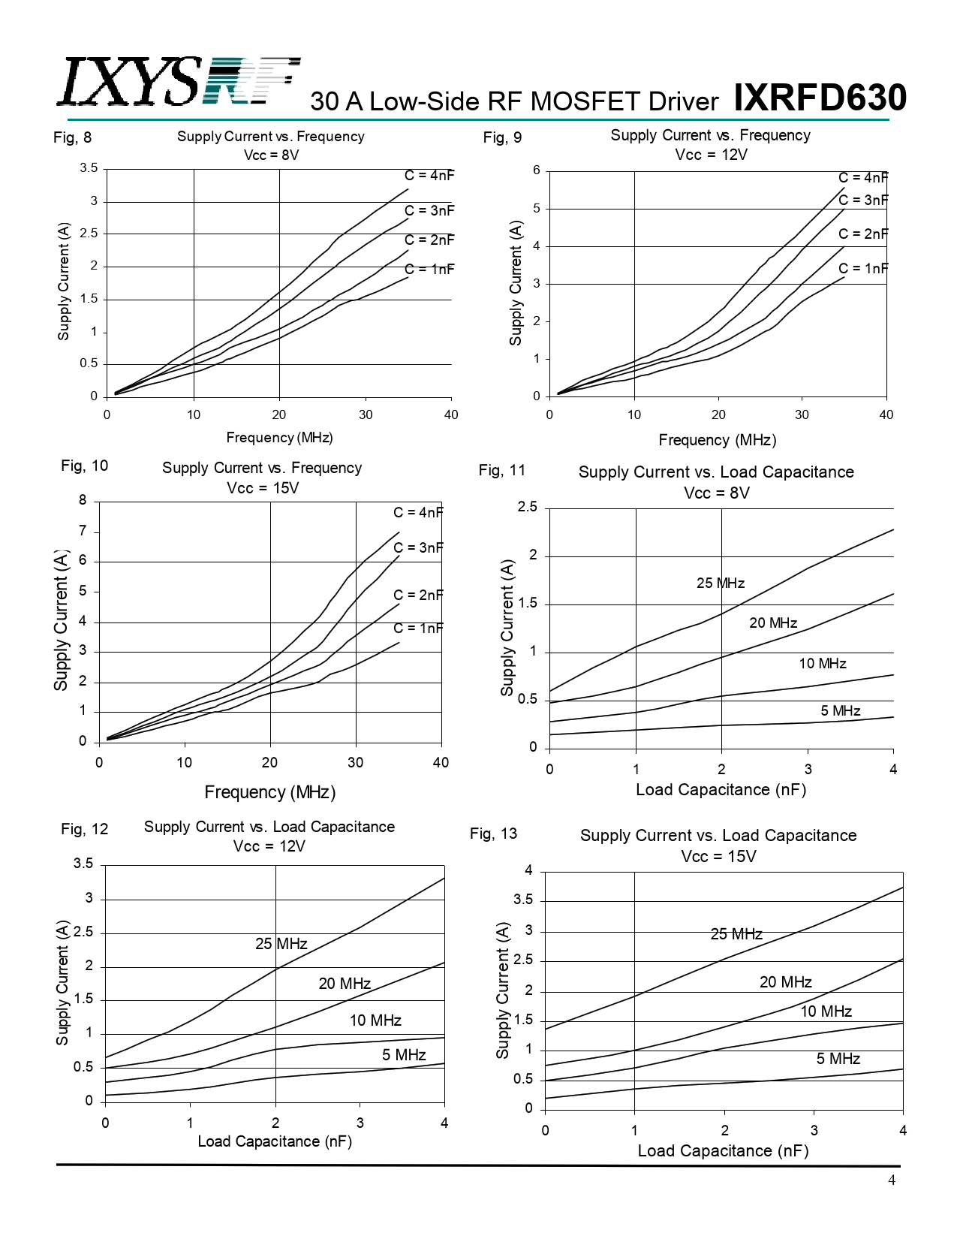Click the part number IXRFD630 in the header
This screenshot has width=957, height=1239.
pyautogui.click(x=820, y=98)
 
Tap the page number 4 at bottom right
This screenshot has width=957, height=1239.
pyautogui.click(x=892, y=1180)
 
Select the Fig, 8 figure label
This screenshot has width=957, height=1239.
pyautogui.click(x=73, y=137)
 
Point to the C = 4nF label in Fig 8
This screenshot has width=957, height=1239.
pyautogui.click(x=429, y=175)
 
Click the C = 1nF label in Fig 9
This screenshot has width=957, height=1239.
pyautogui.click(x=863, y=268)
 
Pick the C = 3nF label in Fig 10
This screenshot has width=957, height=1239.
pyautogui.click(x=418, y=547)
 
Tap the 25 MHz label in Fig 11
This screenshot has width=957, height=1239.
pyautogui.click(x=721, y=583)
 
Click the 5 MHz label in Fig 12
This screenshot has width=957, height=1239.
pyautogui.click(x=404, y=1055)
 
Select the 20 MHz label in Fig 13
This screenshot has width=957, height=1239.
pyautogui.click(x=785, y=982)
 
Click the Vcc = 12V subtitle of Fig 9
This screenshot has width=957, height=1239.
pyautogui.click(x=711, y=155)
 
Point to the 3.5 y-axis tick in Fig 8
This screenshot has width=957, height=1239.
pyautogui.click(x=89, y=168)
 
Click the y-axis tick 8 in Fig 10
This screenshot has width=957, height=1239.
pyautogui.click(x=83, y=500)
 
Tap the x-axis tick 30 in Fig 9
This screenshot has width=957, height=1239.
pyautogui.click(x=802, y=415)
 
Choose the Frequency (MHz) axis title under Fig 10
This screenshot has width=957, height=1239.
pyautogui.click(x=269, y=792)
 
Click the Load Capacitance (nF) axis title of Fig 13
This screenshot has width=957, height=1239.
pyautogui.click(x=723, y=1151)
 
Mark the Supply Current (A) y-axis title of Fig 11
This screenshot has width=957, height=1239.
pyautogui.click(x=507, y=628)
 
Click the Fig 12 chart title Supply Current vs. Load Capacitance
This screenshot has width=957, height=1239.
pyautogui.click(x=269, y=827)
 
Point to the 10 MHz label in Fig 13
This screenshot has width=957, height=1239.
pyautogui.click(x=826, y=1011)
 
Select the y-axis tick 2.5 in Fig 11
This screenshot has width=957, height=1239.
pyautogui.click(x=528, y=508)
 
